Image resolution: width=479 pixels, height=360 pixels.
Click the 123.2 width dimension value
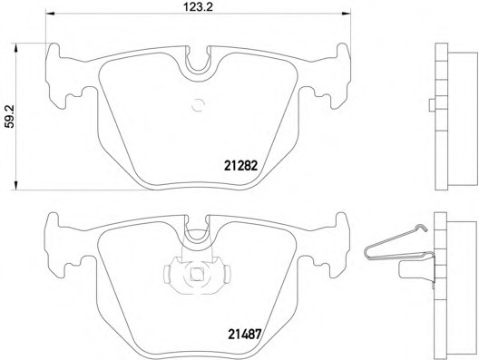[198, 6]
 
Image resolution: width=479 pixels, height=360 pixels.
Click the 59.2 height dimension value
[9, 117]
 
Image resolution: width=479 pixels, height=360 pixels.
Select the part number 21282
[241, 166]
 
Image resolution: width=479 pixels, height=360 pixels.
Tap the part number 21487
[244, 334]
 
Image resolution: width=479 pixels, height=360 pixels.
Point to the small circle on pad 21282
[197, 105]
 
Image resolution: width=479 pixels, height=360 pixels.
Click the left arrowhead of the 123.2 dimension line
[50, 14]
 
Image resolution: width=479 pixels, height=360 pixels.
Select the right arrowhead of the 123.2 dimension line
[347, 14]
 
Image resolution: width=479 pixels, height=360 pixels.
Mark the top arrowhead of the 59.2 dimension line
[15, 47]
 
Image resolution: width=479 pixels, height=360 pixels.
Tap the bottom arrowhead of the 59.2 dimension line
[15, 185]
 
